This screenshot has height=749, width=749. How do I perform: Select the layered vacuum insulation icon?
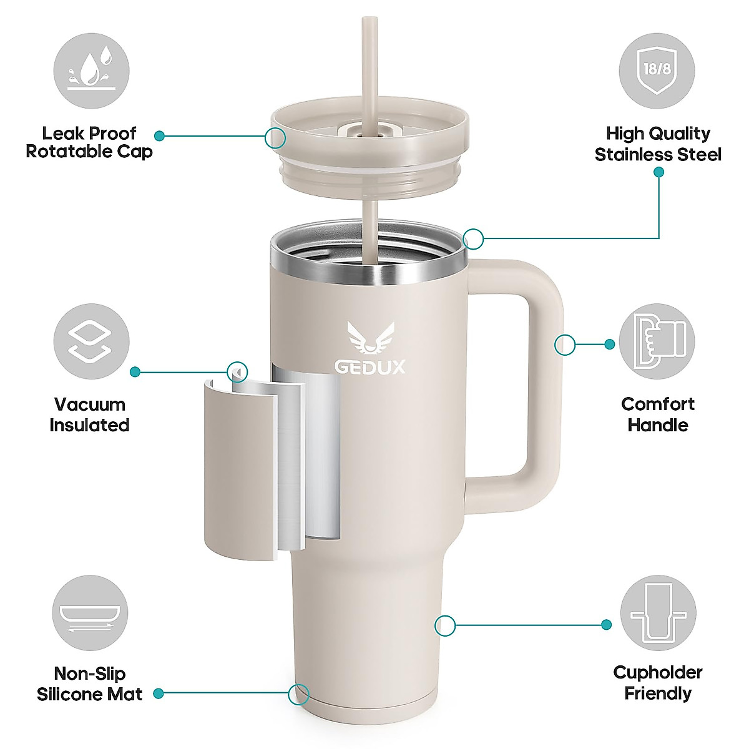(91, 341)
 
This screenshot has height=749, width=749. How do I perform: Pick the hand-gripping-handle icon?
(657, 341)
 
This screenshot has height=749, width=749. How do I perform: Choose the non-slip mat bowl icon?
(91, 613)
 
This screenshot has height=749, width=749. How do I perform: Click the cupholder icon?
(658, 613)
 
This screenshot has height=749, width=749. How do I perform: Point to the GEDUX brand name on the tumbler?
(370, 366)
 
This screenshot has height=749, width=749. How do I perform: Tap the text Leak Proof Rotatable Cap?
(89, 142)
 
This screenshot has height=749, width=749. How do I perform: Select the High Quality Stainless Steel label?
(658, 144)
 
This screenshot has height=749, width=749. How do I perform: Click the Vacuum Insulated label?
(89, 414)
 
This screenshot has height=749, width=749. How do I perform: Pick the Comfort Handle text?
(658, 414)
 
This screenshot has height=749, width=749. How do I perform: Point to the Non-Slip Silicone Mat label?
(89, 684)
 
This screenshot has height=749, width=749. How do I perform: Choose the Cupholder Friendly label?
(658, 683)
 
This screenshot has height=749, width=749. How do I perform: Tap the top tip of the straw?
(370, 20)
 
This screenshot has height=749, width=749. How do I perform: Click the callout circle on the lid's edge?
(275, 137)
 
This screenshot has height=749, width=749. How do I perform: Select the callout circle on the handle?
(565, 345)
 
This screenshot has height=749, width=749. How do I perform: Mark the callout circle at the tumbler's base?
(299, 693)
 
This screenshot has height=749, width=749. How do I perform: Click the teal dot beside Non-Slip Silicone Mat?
(159, 693)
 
